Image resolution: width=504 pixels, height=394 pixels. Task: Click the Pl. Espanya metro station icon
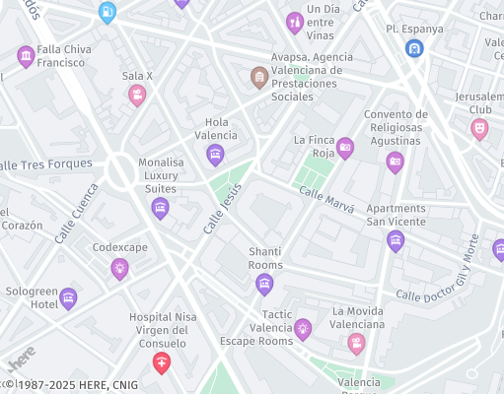pos(414,47)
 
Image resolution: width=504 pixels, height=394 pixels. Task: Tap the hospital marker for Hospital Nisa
pos(161,363)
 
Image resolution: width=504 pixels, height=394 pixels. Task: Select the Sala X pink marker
pos(137,95)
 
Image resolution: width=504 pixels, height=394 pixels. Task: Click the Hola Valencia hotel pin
pos(215,154)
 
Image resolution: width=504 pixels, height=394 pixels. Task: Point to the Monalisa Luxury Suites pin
pos(160,207)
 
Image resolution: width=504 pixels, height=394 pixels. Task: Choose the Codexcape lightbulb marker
pos(119,268)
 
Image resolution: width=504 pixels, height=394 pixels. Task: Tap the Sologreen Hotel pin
pos(68,297)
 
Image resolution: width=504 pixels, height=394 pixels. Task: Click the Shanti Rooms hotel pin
pos(264,285)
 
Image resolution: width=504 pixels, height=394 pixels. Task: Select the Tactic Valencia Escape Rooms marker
pos(303,329)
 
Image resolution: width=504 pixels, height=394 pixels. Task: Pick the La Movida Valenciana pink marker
pos(356,343)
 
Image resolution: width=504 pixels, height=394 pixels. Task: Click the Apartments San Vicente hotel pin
pos(396,240)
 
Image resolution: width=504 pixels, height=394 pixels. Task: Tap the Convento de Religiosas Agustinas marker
pos(395,162)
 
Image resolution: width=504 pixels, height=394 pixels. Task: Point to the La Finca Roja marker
pos(344,148)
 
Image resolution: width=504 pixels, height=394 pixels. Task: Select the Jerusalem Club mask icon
pos(479,128)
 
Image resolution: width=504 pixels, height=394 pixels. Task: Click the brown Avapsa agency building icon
pos(258,76)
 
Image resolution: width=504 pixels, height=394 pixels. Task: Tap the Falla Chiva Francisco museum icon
pos(26,56)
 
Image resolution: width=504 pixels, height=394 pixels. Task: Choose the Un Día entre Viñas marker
pos(294,22)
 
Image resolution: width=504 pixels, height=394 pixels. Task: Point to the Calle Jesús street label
pos(222,208)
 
